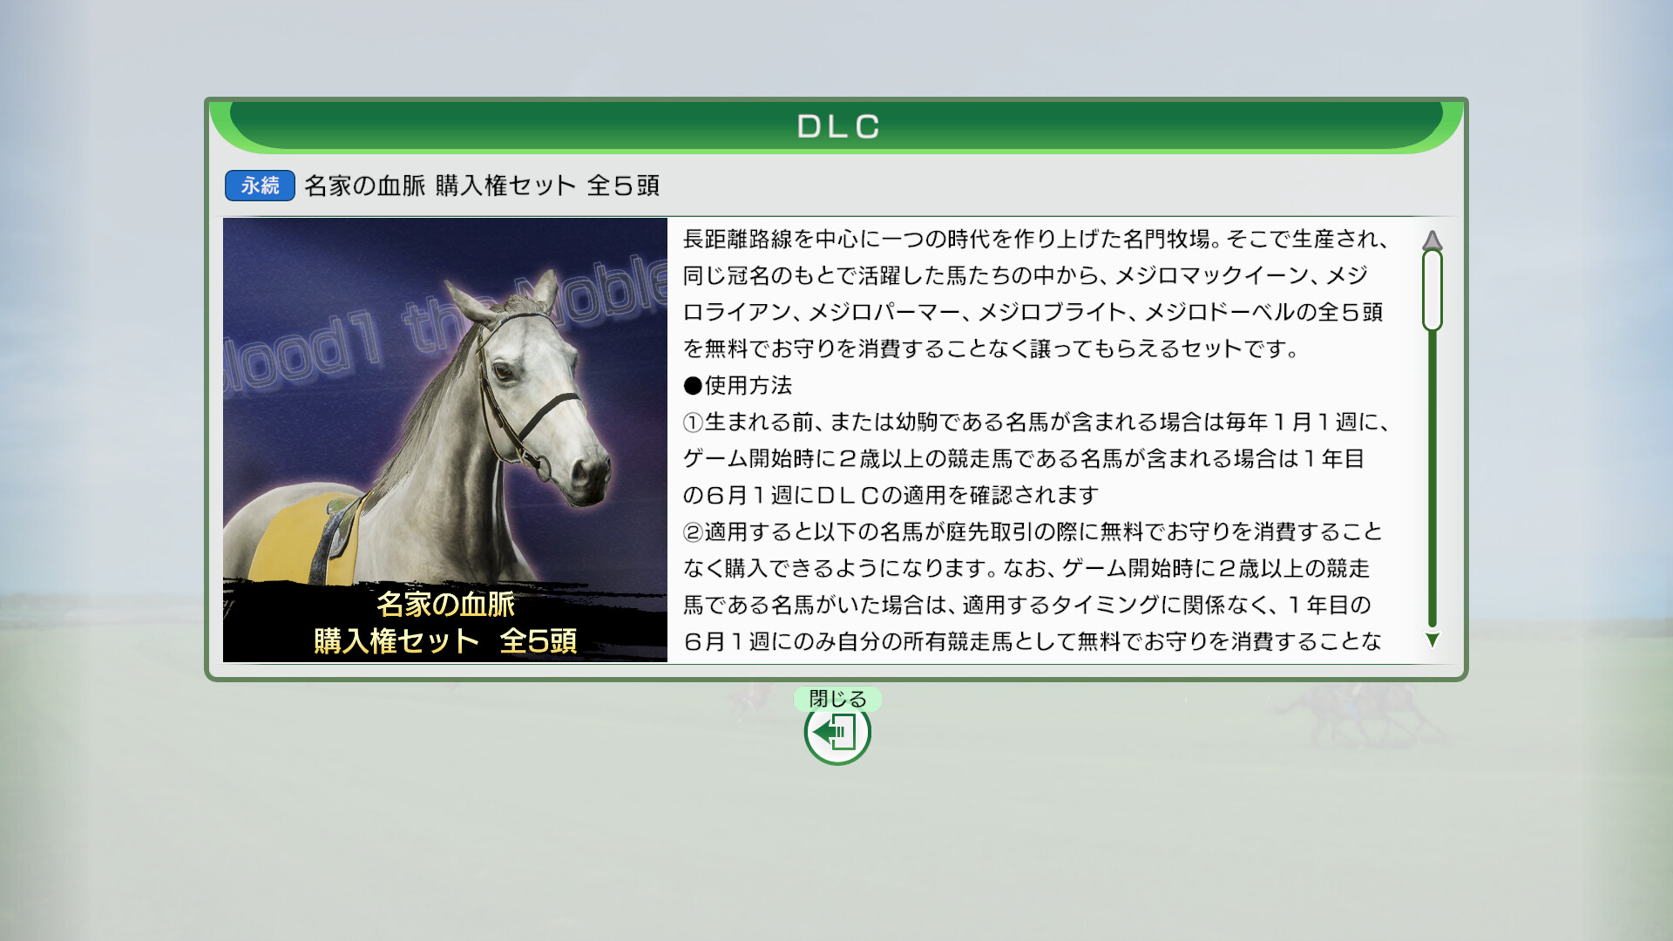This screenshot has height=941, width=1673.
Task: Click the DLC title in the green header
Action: point(837,126)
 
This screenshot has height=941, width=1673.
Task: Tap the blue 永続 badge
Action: point(260,186)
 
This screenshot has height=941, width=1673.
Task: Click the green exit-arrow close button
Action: point(837,733)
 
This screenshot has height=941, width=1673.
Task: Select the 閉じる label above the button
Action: point(837,699)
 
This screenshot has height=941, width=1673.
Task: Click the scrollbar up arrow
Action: point(1432,240)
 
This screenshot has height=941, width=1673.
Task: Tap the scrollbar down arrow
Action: point(1432,640)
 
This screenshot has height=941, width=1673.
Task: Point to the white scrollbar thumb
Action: point(1432,290)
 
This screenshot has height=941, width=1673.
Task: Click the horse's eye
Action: point(505,371)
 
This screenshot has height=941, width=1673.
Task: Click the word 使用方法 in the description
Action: point(748,385)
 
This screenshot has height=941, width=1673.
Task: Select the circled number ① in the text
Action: point(693,423)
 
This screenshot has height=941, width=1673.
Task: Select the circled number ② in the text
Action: point(693,532)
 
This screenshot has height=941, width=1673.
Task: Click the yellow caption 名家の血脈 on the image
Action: point(445,604)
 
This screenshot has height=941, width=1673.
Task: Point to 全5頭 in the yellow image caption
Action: point(538,641)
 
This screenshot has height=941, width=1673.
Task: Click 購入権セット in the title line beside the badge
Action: point(505,186)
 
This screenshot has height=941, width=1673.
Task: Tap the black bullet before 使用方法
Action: point(693,386)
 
